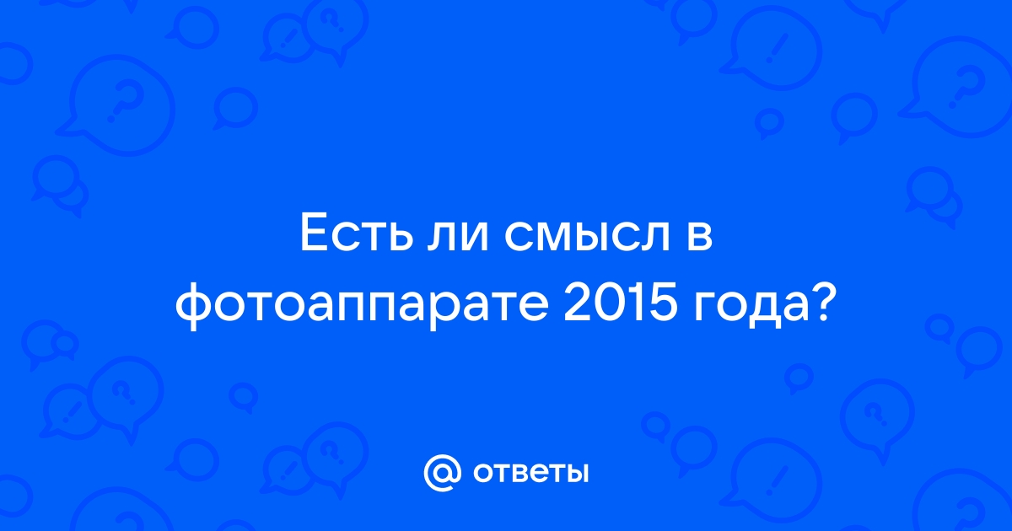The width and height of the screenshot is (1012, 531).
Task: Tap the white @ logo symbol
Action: (442, 473)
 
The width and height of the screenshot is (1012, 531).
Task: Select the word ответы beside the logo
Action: (530, 473)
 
